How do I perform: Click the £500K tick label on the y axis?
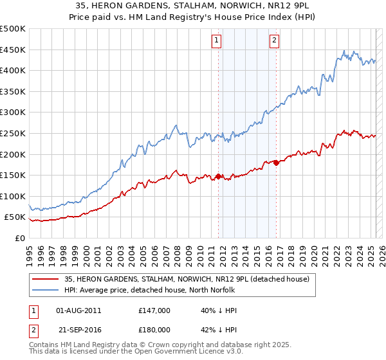[13, 29]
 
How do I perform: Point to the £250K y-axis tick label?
[13, 133]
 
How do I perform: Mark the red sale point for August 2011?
[218, 176]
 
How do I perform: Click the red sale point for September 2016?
[276, 163]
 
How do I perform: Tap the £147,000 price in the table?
[154, 310]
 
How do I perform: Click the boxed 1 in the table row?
[33, 310]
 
